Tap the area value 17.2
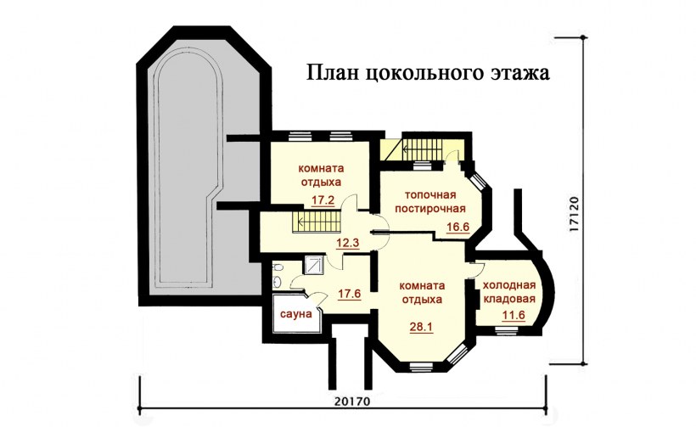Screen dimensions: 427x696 pyautogui.click(x=323, y=201)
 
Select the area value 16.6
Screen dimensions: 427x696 pyautogui.click(x=458, y=227)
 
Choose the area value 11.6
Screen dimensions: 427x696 pyautogui.click(x=513, y=316)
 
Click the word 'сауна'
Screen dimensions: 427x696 pyautogui.click(x=297, y=314)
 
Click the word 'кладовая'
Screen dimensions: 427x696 pyautogui.click(x=509, y=300)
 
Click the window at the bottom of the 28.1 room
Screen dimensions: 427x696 pyautogui.click(x=422, y=366)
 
